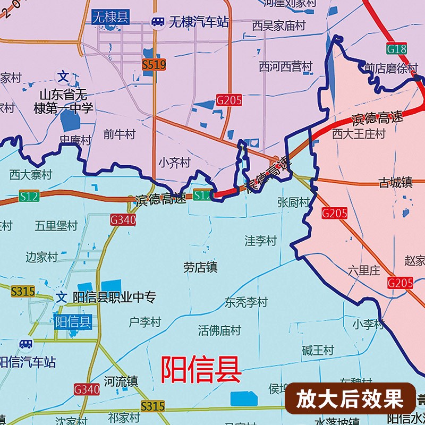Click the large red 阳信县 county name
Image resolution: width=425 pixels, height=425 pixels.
click(x=201, y=369)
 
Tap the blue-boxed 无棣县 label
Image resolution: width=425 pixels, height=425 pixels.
click(x=110, y=17)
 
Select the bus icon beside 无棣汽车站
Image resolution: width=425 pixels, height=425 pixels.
click(x=158, y=21)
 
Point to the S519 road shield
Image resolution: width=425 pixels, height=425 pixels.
click(x=154, y=65)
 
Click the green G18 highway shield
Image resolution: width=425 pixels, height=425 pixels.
click(x=396, y=49)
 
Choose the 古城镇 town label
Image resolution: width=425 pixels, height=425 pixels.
click(x=395, y=182)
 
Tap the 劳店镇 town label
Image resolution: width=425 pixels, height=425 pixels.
click(x=200, y=267)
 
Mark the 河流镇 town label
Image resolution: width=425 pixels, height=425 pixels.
click(x=121, y=381)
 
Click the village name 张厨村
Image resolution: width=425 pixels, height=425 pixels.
click(x=293, y=202)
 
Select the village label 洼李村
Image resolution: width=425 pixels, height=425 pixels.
click(x=260, y=241)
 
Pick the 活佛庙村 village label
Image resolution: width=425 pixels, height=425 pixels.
click(x=219, y=330)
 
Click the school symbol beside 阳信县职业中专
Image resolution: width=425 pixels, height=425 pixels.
click(x=62, y=297)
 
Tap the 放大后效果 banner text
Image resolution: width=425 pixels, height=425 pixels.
click(x=350, y=398)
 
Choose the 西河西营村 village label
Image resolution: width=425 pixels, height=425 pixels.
click(x=285, y=66)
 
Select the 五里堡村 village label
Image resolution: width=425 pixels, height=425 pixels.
click(x=56, y=226)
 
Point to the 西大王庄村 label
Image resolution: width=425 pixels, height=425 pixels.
click(x=359, y=134)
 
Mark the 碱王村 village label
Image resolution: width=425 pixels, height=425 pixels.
click(x=318, y=351)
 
